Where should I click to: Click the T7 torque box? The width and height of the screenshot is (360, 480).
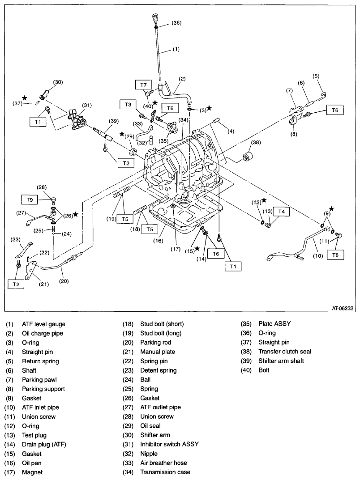pos(143,85)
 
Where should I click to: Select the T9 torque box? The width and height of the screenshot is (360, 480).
pos(29,200)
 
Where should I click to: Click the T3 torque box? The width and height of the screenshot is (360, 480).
pos(128,104)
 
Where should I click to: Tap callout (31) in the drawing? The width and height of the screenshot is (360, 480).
pos(86,106)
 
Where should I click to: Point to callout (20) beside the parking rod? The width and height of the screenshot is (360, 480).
pos(64,281)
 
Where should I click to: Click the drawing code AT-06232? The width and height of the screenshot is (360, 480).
pos(343,308)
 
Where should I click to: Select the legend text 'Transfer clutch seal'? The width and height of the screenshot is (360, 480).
pos(284,352)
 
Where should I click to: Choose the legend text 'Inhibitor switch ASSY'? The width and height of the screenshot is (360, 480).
pos(169,444)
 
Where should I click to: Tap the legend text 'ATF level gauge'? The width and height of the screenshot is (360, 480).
pos(43,324)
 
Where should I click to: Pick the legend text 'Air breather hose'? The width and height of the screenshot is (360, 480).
pos(163,463)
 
